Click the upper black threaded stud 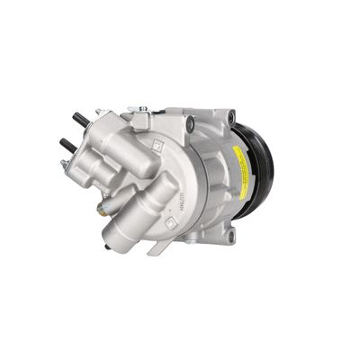[x=79, y=119]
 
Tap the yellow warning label [x=238, y=161]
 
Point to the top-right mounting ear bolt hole [x=231, y=117]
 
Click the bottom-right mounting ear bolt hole [x=230, y=235]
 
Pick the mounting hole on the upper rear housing [x=189, y=124]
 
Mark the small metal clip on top [x=139, y=110]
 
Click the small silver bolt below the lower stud [x=65, y=165]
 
